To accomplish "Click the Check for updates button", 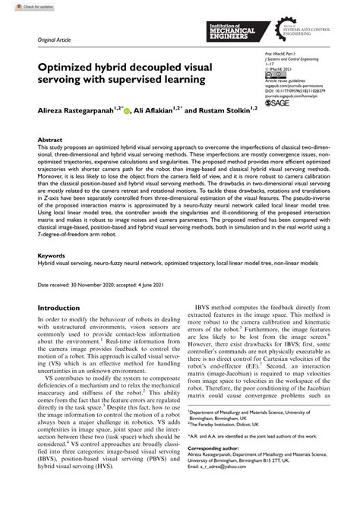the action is click(21, 5).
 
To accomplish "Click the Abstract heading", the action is click(49, 140).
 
